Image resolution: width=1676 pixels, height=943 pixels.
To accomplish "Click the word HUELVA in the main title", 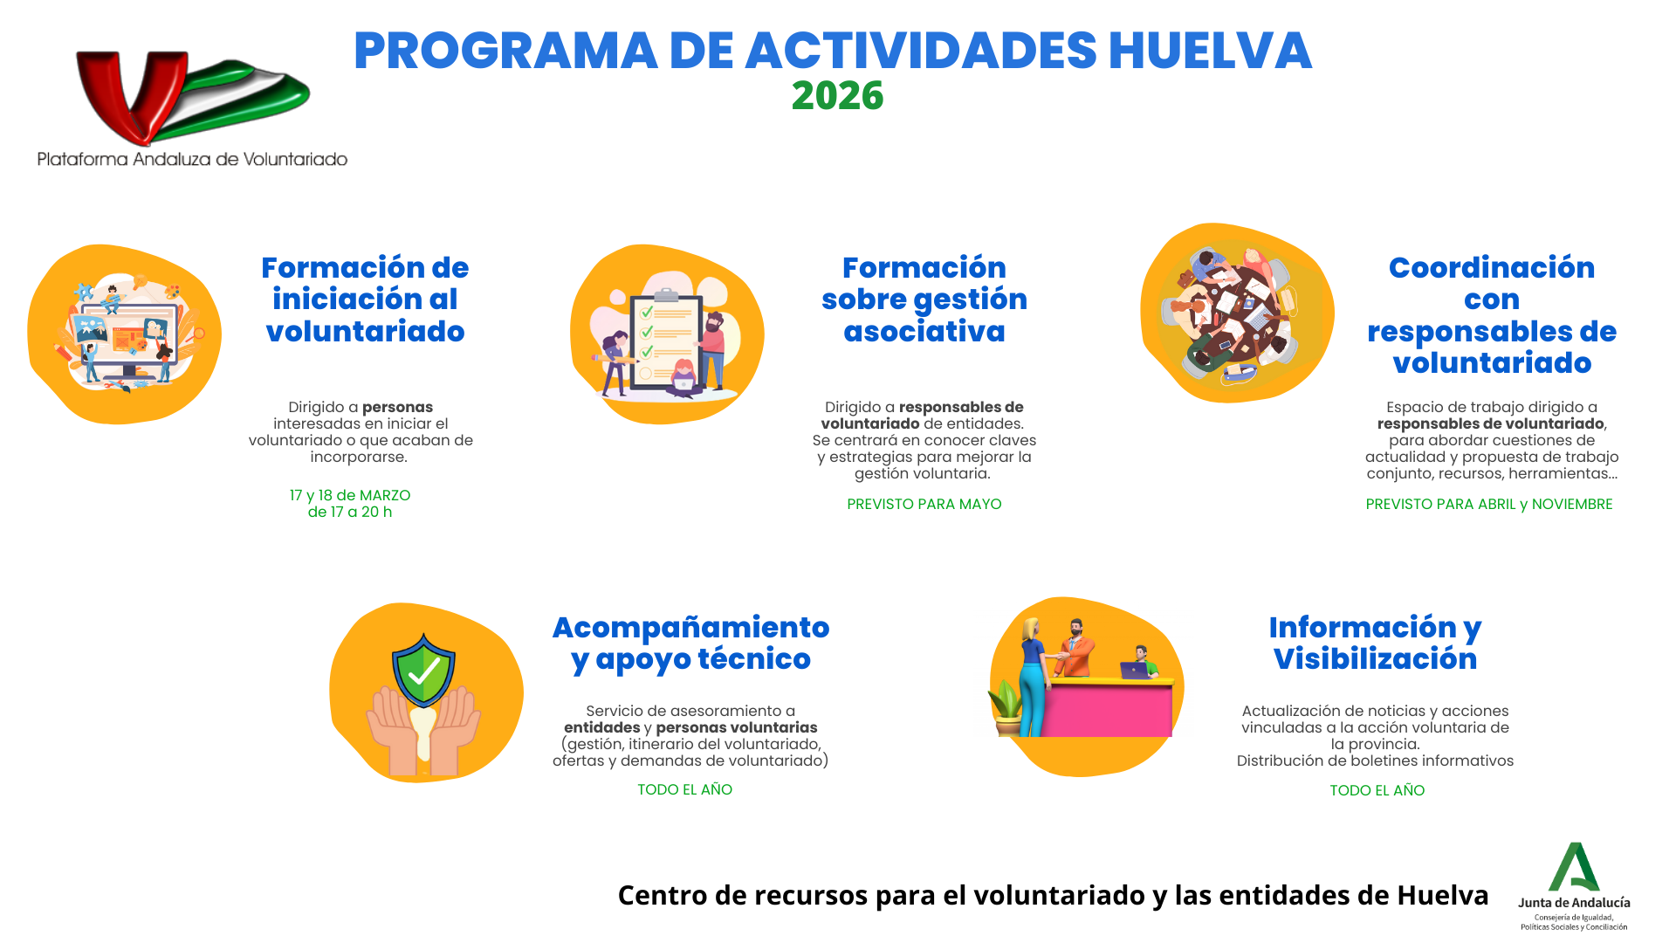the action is pos(1210,51).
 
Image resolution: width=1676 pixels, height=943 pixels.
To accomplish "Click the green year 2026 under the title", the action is pos(837,96).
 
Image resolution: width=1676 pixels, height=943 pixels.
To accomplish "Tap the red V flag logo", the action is pos(193,97).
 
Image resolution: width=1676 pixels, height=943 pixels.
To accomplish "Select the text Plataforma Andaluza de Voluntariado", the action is pos(192,159).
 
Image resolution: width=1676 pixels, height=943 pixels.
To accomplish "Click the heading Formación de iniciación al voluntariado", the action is pos(365,299).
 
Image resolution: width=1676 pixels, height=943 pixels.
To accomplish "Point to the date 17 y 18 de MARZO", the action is pos(350,495).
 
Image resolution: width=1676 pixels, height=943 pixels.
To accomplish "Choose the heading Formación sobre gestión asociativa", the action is pos(924,299).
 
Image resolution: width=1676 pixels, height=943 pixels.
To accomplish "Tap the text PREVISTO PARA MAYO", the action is pos(924,504).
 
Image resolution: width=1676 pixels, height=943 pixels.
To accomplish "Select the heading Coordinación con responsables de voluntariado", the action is pos(1492,315).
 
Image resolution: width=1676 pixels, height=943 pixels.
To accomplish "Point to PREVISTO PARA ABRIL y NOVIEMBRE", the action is pos(1489,504).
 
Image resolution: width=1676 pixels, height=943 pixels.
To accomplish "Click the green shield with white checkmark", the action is pos(423,670).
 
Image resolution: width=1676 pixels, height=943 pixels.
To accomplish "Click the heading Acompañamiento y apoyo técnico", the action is pos(690,644).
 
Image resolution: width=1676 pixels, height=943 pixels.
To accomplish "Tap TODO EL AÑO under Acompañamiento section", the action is pos(684,789).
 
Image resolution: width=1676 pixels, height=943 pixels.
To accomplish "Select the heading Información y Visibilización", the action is pos(1375,643).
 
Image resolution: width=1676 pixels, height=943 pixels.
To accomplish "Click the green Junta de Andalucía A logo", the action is pos(1574,867).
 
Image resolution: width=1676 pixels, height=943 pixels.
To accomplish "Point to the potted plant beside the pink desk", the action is pos(1006,707).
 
